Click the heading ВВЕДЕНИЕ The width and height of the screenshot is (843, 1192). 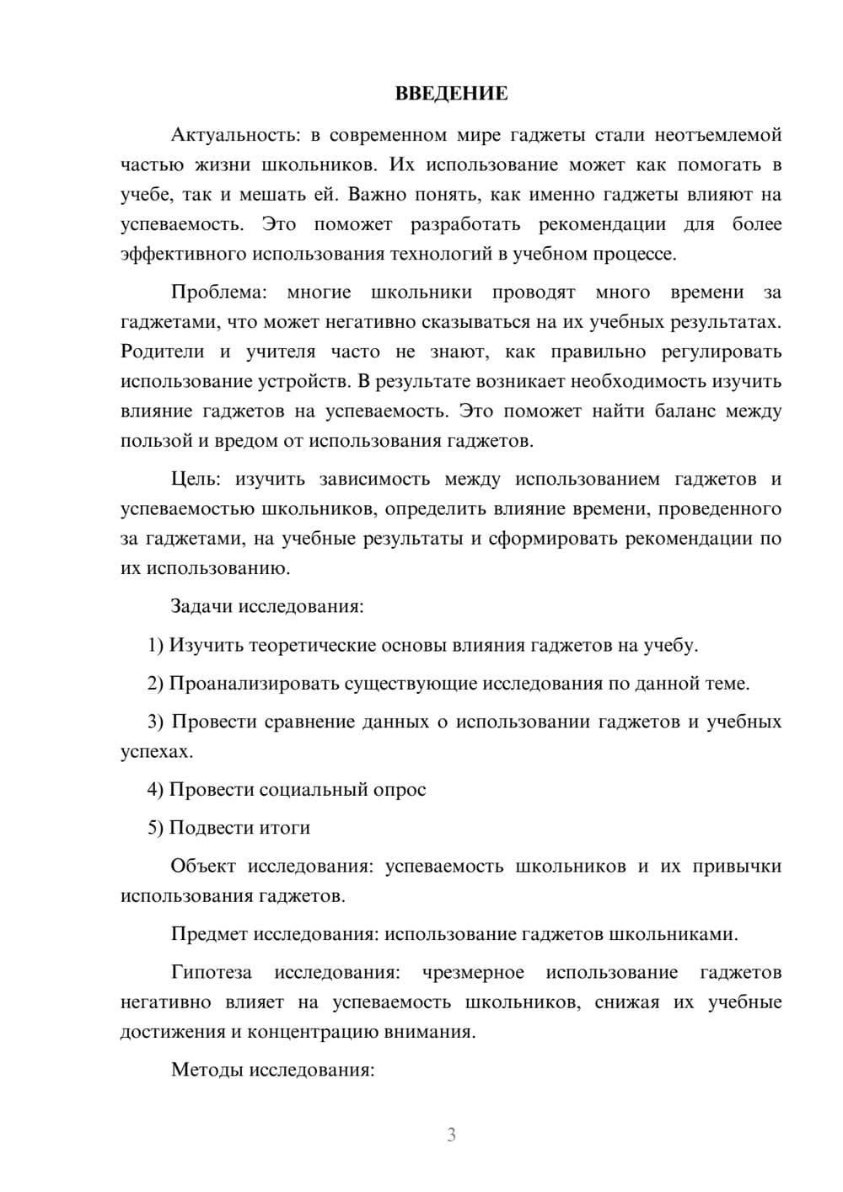(451, 94)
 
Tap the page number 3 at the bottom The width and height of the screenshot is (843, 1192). (451, 1135)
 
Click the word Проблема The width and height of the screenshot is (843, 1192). (218, 293)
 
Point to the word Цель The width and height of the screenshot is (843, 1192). (196, 480)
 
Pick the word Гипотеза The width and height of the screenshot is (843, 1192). (212, 973)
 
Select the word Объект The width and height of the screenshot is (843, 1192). (203, 867)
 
